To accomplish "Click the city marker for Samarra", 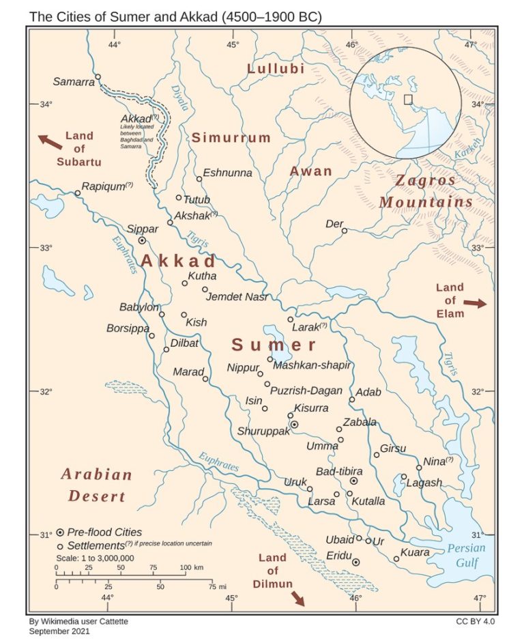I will tap(98, 77).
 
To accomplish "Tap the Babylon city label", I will tap(139, 307).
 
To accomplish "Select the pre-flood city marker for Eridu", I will tap(355, 562).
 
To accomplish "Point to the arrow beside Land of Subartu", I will tap(49, 142).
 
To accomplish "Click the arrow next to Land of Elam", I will tap(476, 302).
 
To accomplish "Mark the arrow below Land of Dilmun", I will tap(297, 599).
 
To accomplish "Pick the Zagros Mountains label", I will tap(426, 192).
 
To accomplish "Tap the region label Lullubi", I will tap(276, 69).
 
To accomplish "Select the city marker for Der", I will tap(345, 231).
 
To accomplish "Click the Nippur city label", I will tap(244, 369).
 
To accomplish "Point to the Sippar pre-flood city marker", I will tap(142, 240).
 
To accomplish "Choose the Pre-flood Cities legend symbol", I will tap(60, 532).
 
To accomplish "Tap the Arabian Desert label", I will tap(96, 485).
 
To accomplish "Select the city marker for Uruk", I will tap(310, 489).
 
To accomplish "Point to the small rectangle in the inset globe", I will tap(408, 99).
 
